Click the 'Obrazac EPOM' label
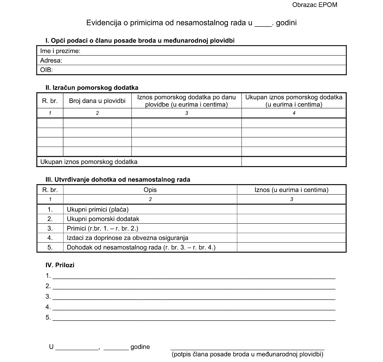pyautogui.click(x=315, y=5)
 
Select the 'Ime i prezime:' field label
pyautogui.click(x=60, y=51)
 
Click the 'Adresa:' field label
pyautogui.click(x=51, y=60)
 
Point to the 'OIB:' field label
pyautogui.click(x=46, y=70)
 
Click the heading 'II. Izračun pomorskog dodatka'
pyautogui.click(x=92, y=88)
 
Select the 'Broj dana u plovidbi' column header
pyautogui.click(x=97, y=101)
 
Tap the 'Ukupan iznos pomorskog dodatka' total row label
pyautogui.click(x=89, y=162)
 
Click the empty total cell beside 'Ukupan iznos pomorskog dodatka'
pyautogui.click(x=294, y=162)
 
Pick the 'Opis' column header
pyautogui.click(x=150, y=190)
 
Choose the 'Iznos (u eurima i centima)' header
pyautogui.click(x=291, y=190)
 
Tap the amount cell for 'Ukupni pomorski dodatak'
pyautogui.click(x=291, y=219)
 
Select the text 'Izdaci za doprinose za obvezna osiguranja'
pyautogui.click(x=127, y=238)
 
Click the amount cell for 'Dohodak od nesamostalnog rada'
pyautogui.click(x=291, y=247)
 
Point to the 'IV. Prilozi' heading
pyautogui.click(x=60, y=265)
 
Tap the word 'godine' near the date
pyautogui.click(x=140, y=347)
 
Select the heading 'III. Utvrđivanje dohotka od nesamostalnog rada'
pyautogui.click(x=118, y=179)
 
